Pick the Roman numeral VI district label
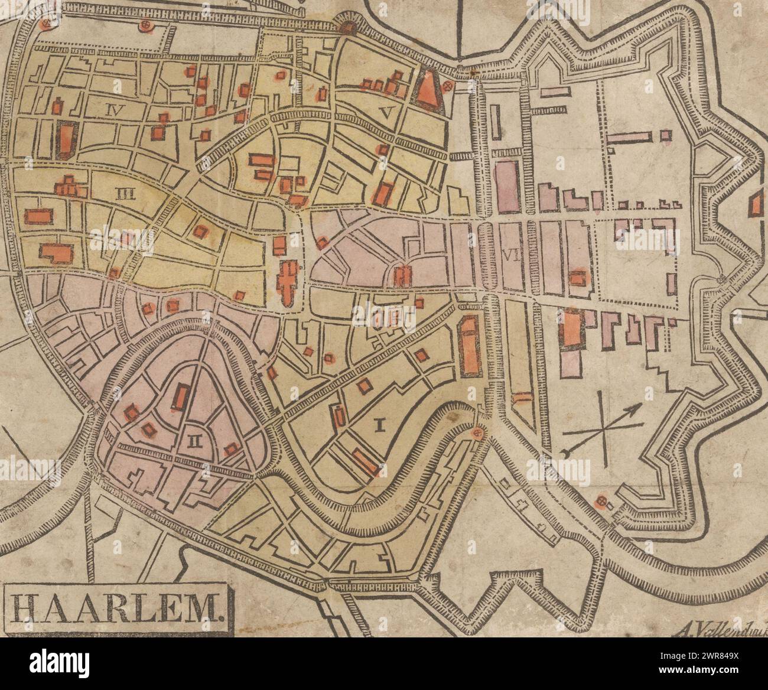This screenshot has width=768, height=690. pos(509,255)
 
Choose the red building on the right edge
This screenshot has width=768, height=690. pos(755,206)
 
